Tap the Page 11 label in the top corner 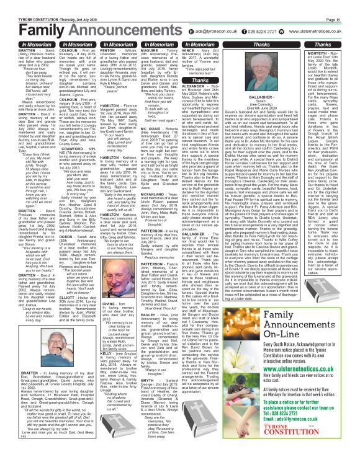tap(348, 5)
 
